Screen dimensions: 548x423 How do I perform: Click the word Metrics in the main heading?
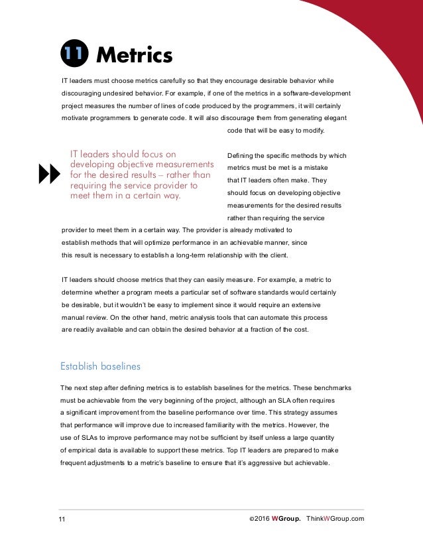[x=134, y=55]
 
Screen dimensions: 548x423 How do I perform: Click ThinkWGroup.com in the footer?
[x=335, y=518]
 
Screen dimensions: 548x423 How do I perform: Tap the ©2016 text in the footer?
[x=257, y=518]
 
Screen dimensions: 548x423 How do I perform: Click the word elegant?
[x=333, y=117]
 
